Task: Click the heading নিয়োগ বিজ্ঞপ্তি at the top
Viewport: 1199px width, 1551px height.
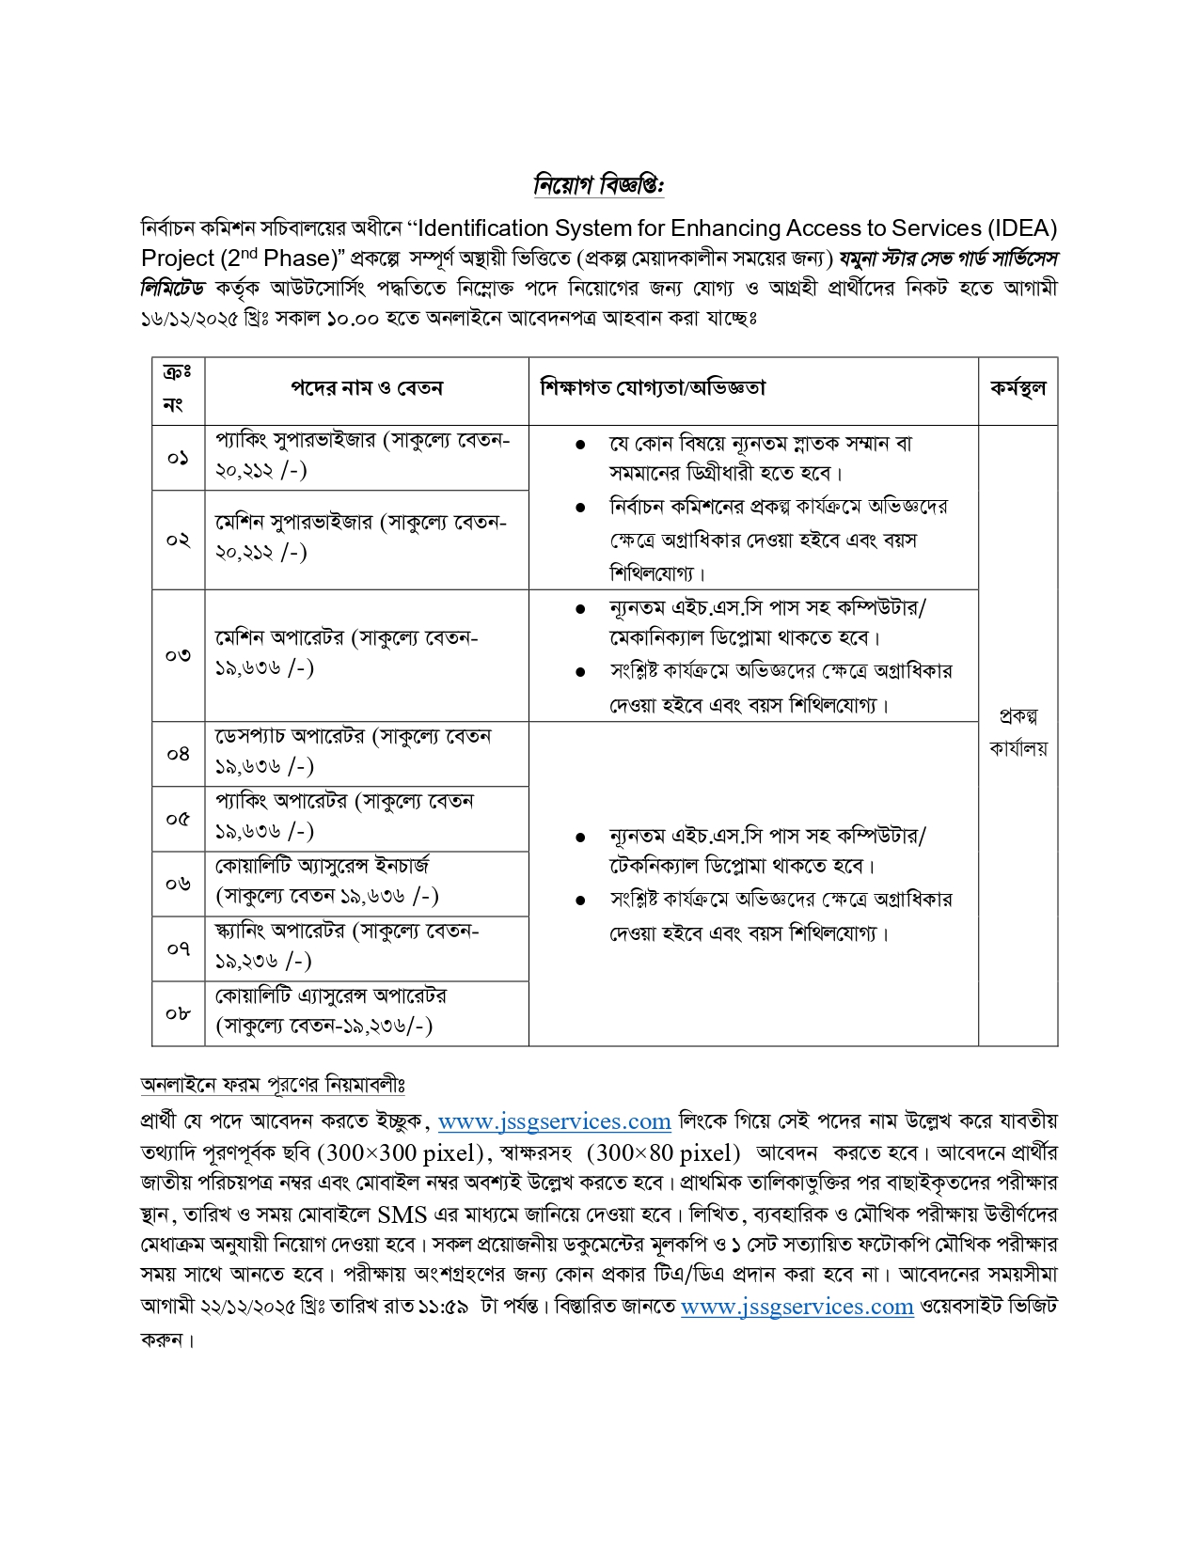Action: [x=598, y=185]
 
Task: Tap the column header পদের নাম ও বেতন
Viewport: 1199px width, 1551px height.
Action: [x=366, y=388]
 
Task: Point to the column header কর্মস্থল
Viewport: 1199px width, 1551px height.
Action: [x=1018, y=388]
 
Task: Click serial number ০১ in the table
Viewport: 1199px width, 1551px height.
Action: [x=178, y=458]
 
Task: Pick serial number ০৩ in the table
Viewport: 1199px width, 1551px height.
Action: [x=178, y=655]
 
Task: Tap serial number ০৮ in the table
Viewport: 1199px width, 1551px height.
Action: [x=178, y=1013]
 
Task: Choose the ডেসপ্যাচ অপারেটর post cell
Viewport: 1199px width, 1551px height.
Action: [x=353, y=751]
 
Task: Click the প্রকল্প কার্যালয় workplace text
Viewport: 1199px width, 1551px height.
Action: [x=1018, y=732]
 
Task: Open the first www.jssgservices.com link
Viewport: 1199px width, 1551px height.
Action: [x=554, y=1121]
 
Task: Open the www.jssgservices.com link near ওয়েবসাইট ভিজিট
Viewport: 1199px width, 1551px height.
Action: [x=797, y=1307]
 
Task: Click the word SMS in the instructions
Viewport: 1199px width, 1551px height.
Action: [x=402, y=1214]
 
